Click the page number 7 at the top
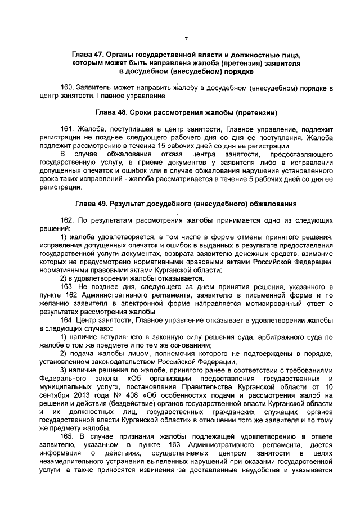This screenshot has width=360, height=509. [186, 39]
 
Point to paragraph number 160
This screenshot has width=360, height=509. [67, 89]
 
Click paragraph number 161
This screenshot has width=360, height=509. [67, 129]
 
